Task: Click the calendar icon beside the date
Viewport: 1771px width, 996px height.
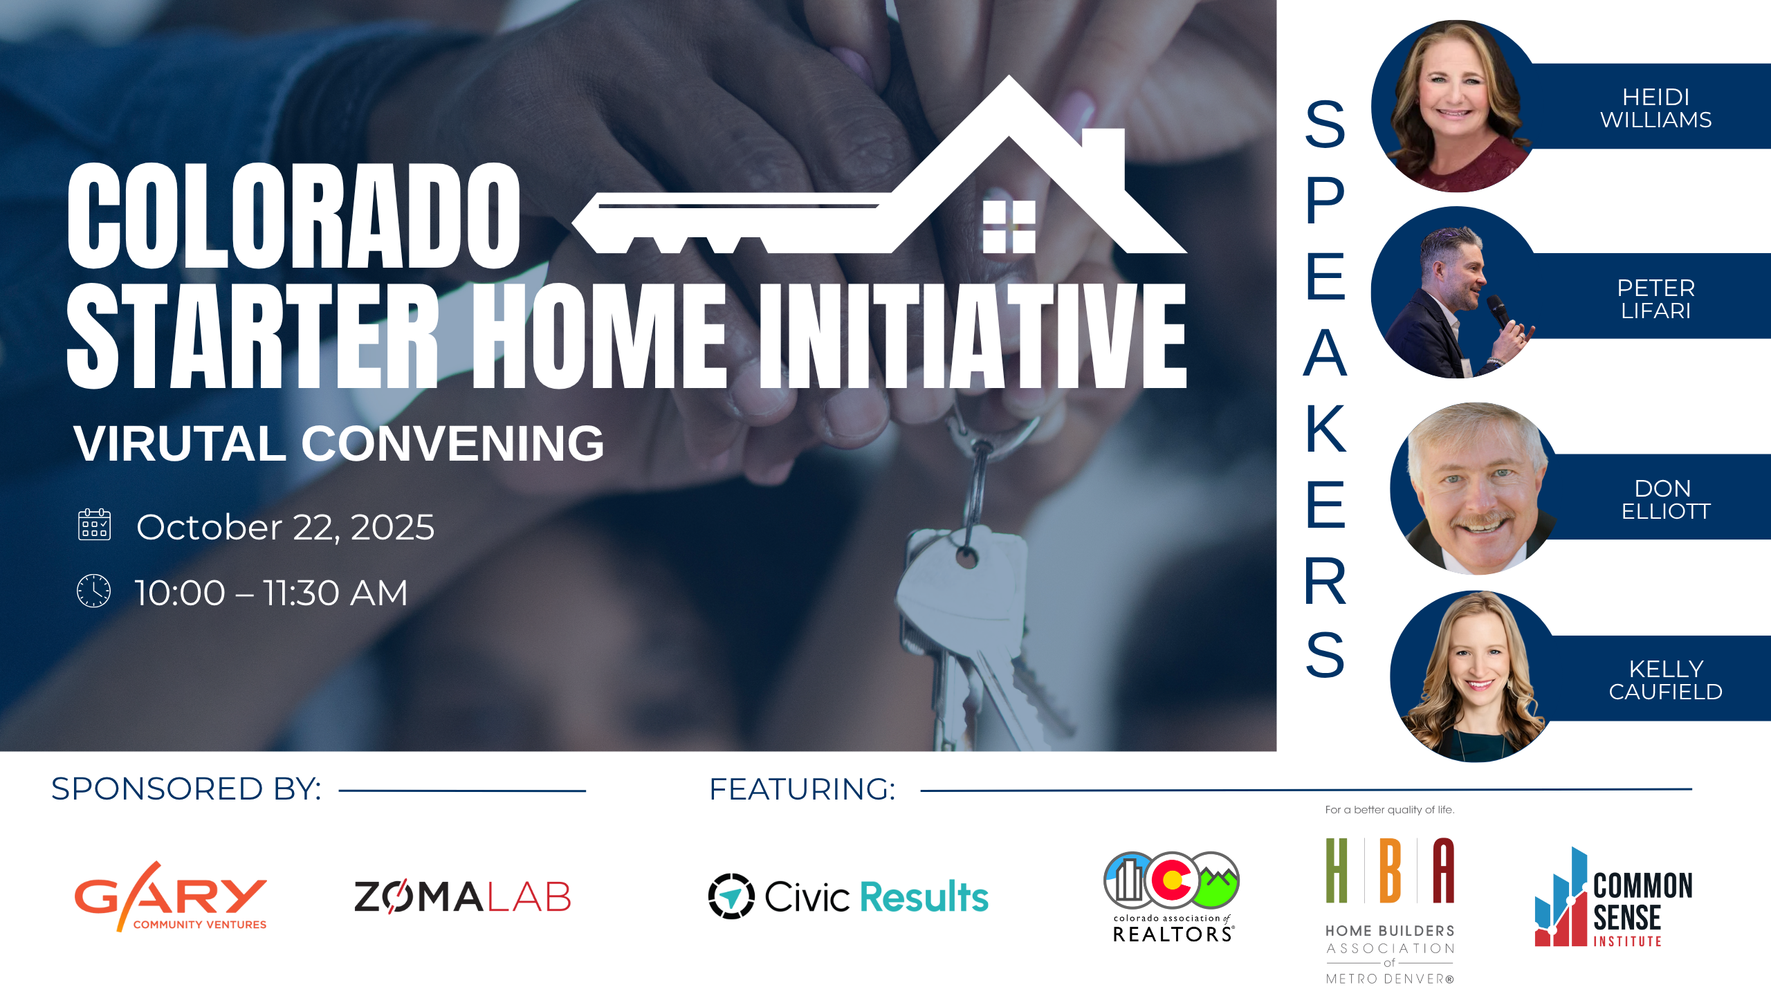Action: [x=94, y=524]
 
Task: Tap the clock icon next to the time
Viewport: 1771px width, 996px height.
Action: [x=93, y=591]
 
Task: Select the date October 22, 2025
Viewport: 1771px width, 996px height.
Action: [x=285, y=527]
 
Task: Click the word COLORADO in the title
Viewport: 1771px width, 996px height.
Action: [x=294, y=216]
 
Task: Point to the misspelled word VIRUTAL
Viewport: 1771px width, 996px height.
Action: [x=180, y=443]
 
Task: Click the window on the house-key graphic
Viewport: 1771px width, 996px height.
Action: [x=1009, y=227]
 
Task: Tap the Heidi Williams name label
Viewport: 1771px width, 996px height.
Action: [x=1655, y=108]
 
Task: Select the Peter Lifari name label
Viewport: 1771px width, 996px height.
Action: [x=1655, y=299]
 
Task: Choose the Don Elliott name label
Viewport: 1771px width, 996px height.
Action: [x=1665, y=499]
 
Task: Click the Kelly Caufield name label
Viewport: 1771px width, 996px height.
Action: [x=1665, y=680]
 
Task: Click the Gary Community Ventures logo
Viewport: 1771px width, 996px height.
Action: [x=171, y=896]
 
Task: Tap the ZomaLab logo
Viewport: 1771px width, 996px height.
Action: [x=462, y=896]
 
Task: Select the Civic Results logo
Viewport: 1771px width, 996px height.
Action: [x=848, y=896]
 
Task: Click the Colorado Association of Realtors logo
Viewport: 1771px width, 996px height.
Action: [x=1172, y=897]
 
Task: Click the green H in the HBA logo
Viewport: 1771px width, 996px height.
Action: [x=1337, y=870]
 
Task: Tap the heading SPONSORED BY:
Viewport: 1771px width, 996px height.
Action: [x=186, y=789]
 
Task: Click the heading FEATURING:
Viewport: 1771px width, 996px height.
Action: [x=802, y=789]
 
